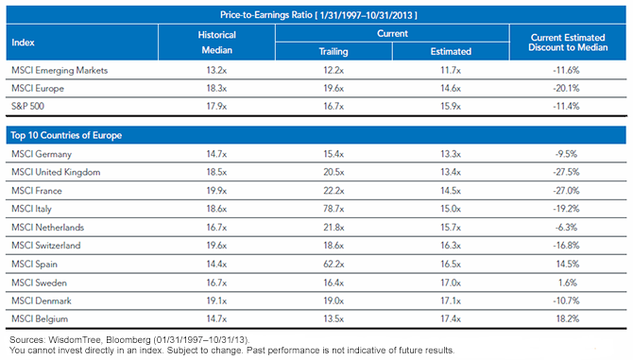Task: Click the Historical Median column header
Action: pos(216,43)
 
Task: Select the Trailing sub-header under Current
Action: pos(334,51)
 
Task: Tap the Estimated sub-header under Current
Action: pos(451,51)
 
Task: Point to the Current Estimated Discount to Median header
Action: pos(568,43)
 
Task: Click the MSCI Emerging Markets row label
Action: pos(60,70)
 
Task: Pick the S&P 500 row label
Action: pos(27,106)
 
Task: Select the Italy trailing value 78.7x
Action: pos(334,209)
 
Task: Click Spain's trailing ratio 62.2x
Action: pos(334,264)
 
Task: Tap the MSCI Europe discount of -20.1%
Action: pos(566,88)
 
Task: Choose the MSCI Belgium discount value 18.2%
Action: pos(568,318)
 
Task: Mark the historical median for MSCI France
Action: pos(216,191)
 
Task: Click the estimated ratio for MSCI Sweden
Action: pos(451,283)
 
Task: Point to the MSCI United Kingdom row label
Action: pos(56,172)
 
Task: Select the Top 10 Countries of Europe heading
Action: pos(66,135)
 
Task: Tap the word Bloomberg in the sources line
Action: pos(128,340)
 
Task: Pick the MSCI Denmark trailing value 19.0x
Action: pos(334,300)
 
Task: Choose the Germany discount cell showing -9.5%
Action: pos(566,154)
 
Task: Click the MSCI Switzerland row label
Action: pos(46,246)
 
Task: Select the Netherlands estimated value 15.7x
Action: pos(451,227)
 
